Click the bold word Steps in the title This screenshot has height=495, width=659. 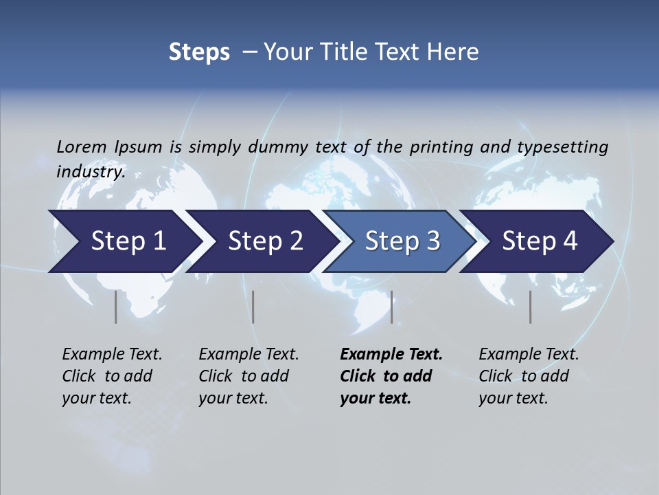199,52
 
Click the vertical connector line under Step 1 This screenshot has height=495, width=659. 116,307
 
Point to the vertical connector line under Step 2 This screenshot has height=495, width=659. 253,307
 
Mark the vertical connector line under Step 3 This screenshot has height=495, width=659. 391,307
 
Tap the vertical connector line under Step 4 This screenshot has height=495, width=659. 530,307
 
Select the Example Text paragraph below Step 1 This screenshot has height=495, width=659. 112,376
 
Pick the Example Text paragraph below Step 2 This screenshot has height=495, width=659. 248,376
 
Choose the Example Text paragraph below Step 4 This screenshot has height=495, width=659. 529,376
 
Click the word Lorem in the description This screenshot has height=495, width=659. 82,147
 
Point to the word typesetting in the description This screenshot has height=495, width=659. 562,147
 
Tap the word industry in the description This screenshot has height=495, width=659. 90,172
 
